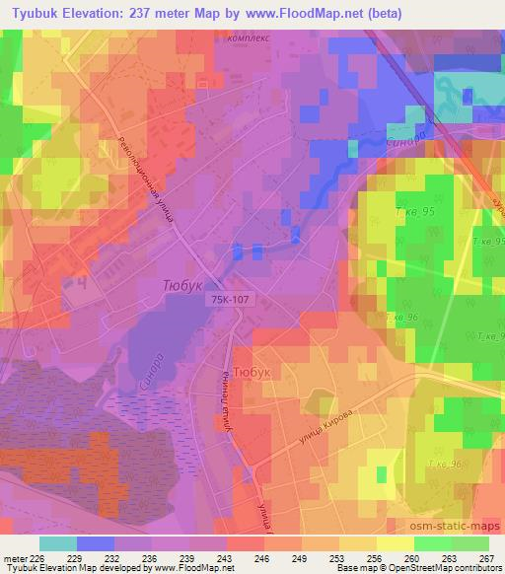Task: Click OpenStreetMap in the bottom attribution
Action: pyautogui.click(x=423, y=567)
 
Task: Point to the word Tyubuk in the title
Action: pyautogui.click(x=34, y=12)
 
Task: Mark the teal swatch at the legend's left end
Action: pyautogui.click(x=57, y=542)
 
